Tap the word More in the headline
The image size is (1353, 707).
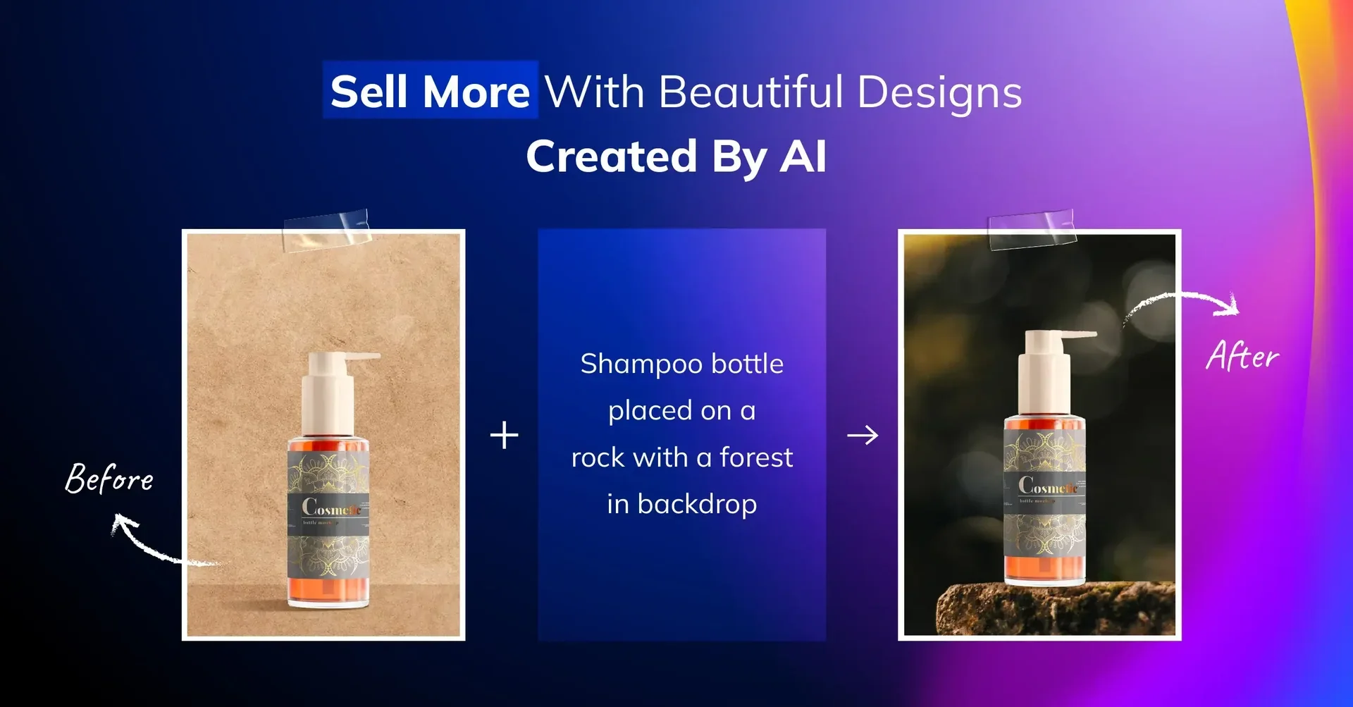[476, 92]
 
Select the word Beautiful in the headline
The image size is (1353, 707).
[750, 92]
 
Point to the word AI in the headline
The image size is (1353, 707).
[803, 156]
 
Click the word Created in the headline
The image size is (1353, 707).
[612, 156]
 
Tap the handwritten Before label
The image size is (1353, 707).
[109, 479]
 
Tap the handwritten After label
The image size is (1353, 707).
[1242, 356]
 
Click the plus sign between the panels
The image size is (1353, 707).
[504, 435]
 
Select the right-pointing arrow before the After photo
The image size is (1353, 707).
[863, 436]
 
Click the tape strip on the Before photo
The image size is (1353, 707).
[326, 230]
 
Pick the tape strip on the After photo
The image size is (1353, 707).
[1032, 230]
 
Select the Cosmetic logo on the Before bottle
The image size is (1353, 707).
[330, 508]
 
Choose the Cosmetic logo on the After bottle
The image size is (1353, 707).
[1047, 486]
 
